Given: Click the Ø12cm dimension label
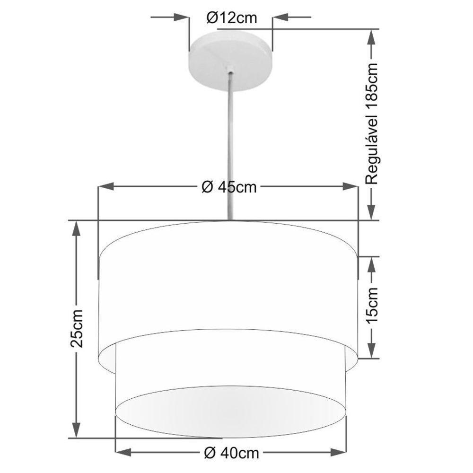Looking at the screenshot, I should (x=231, y=18).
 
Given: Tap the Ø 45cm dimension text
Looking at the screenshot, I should (x=229, y=187).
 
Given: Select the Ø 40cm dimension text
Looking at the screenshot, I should (x=231, y=453).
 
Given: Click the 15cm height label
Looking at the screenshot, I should (x=372, y=307).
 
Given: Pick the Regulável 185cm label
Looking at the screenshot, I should (x=373, y=123).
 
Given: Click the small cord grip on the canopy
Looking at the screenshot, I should (x=231, y=72).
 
